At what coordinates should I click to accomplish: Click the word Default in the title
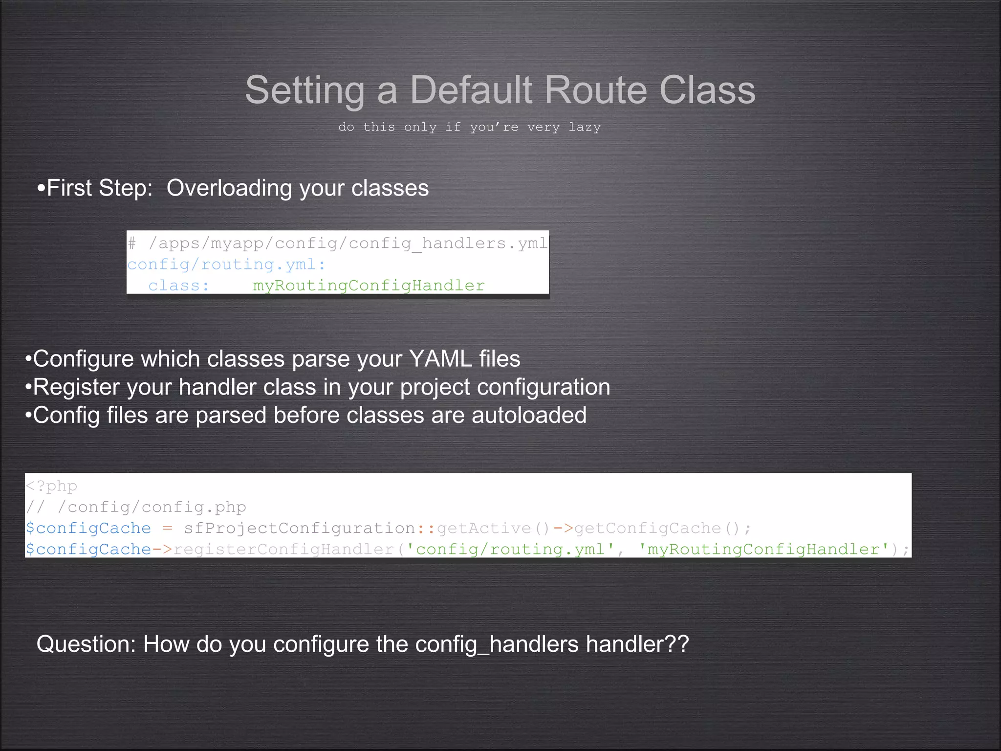coord(470,90)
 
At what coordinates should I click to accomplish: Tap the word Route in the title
coord(595,90)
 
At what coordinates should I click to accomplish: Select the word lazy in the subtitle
coord(585,127)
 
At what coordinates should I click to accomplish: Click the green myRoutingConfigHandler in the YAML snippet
coord(369,286)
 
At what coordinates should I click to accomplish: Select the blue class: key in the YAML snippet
coord(179,286)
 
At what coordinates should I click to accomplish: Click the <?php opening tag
coord(51,486)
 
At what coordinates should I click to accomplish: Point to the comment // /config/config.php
coord(136,507)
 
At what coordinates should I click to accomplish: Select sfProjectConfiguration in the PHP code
coord(300,529)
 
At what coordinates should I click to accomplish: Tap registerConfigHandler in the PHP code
coord(283,550)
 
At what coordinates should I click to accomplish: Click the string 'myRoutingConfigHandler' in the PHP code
coord(763,550)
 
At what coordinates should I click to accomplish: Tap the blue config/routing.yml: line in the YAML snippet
coord(226,265)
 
